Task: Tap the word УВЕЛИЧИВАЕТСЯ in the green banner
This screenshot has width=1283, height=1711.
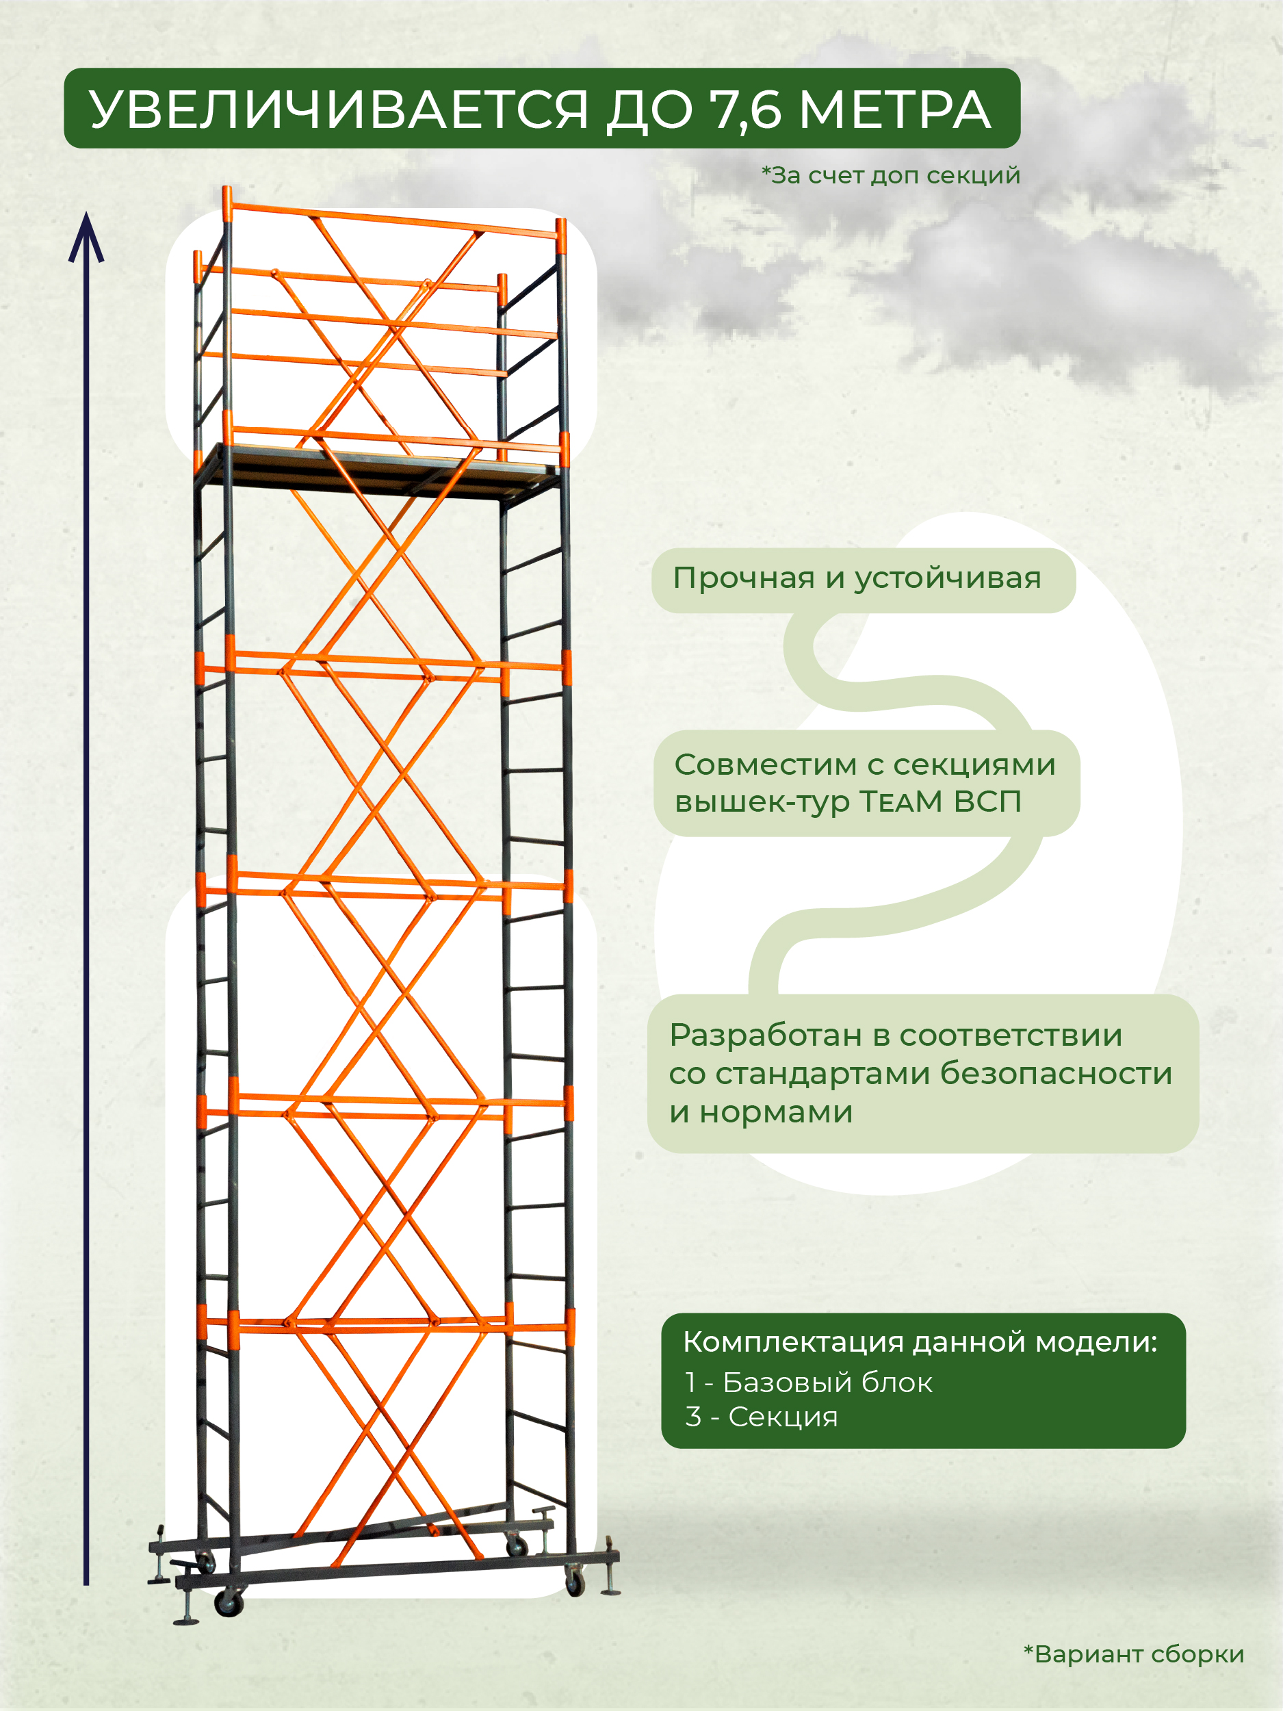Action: (x=339, y=110)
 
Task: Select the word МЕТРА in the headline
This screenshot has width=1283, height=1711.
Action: (x=894, y=110)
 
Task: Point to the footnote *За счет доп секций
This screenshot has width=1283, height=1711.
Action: (x=891, y=176)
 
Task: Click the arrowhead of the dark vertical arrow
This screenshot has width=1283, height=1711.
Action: (x=86, y=236)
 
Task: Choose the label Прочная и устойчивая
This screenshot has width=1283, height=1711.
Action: (x=857, y=578)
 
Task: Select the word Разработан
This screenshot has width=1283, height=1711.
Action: (x=766, y=1035)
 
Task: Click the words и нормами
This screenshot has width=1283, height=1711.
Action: (x=761, y=1112)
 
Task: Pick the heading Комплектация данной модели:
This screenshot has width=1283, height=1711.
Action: (x=920, y=1342)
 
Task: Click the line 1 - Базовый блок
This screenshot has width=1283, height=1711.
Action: (x=809, y=1382)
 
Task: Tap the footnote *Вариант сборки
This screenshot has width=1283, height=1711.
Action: (x=1134, y=1654)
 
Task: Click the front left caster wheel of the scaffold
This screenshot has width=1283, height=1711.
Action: (x=229, y=1604)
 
